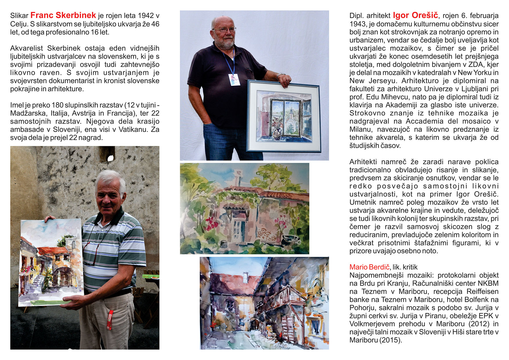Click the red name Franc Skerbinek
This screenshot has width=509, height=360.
[x=63, y=15]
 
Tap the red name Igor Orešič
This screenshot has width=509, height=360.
[x=415, y=15]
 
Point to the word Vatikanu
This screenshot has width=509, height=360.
[x=135, y=129]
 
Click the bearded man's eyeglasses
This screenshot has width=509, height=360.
[x=224, y=30]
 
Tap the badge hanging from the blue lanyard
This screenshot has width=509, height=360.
[x=234, y=80]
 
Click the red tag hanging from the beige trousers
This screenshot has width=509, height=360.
[x=110, y=320]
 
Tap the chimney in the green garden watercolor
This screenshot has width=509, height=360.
[x=239, y=177]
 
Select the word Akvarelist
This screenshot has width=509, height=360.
[x=26, y=48]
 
